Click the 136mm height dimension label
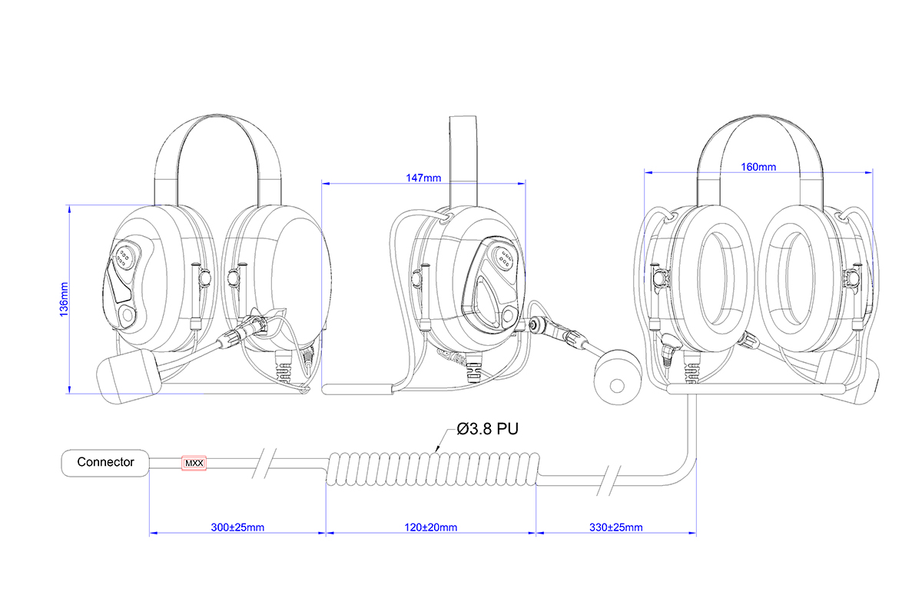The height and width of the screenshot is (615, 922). coord(65,299)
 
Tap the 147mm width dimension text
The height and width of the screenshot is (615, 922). coord(423,178)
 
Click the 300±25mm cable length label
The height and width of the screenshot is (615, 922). coord(238,527)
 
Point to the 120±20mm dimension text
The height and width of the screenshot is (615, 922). coord(431,527)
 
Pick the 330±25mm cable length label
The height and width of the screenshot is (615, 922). coord(617,527)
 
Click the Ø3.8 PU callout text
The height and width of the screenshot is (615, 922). coord(488,429)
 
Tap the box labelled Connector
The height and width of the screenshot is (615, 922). coord(105,463)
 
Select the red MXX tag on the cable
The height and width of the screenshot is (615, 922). coord(194,464)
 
